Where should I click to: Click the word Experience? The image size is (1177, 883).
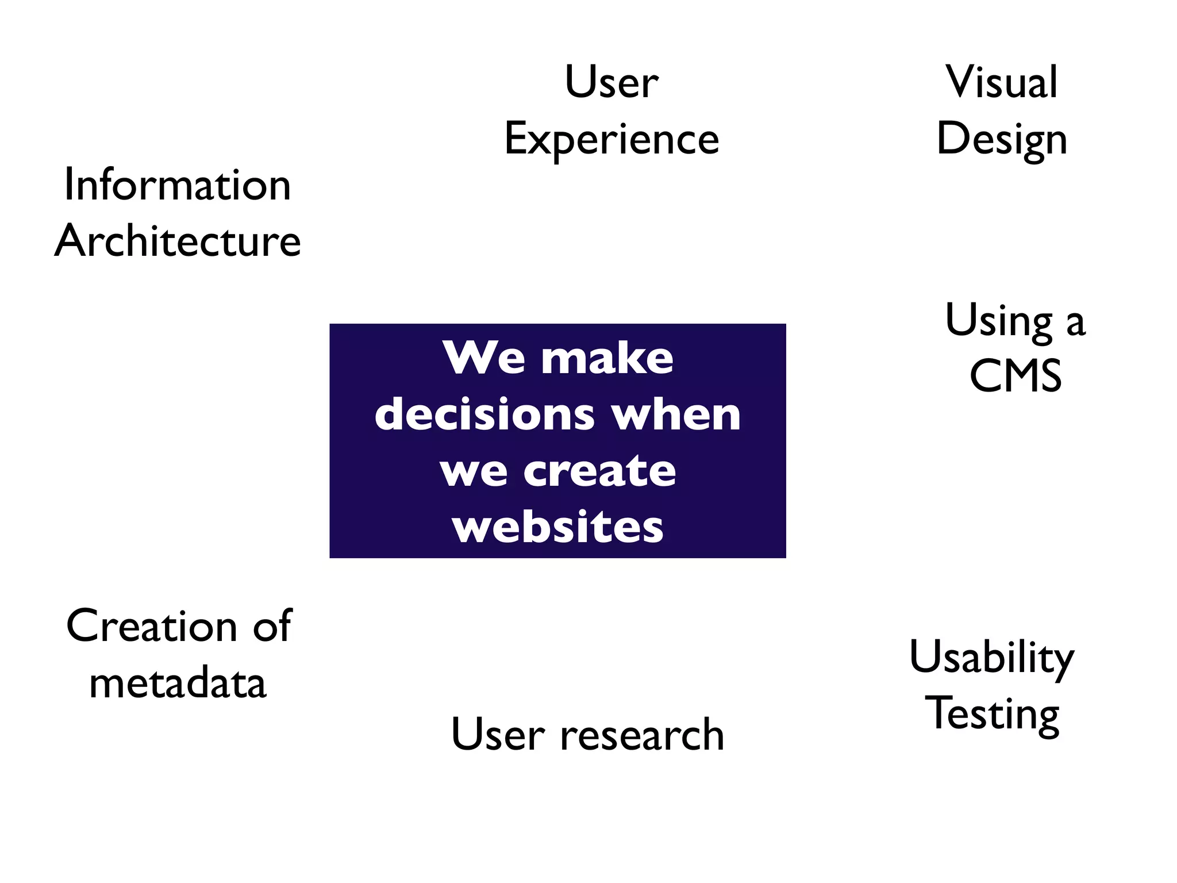point(611,140)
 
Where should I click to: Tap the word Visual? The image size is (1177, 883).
point(1002,82)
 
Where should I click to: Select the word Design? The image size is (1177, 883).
point(1002,140)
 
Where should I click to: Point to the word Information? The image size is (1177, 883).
point(178,185)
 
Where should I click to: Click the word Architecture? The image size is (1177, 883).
point(178,241)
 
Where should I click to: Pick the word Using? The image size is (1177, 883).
point(999,321)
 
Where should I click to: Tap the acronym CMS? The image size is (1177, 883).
point(1016,376)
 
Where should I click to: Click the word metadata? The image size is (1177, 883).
point(178,683)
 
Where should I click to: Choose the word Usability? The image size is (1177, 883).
point(991,658)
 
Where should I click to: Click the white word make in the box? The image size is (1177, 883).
point(607,358)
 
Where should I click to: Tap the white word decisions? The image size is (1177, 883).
point(484,414)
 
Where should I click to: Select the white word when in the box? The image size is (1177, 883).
point(676,414)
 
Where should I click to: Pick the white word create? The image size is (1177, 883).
point(599,471)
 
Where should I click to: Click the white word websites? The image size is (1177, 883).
point(557,527)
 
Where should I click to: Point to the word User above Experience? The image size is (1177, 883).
point(611,82)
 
